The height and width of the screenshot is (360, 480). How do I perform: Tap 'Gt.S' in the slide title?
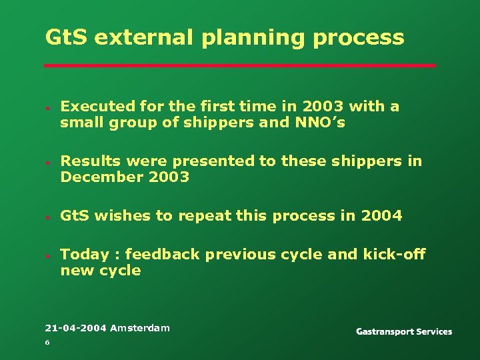[x=67, y=37]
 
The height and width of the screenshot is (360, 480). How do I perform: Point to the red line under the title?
[x=240, y=65]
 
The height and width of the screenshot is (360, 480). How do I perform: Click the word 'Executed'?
[x=97, y=107]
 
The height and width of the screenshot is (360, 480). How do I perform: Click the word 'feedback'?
[x=163, y=255]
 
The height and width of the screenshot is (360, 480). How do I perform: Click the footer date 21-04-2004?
[x=75, y=328]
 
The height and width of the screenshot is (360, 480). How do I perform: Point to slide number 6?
[x=47, y=343]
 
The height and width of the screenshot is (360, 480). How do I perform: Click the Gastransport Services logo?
[x=404, y=331]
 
